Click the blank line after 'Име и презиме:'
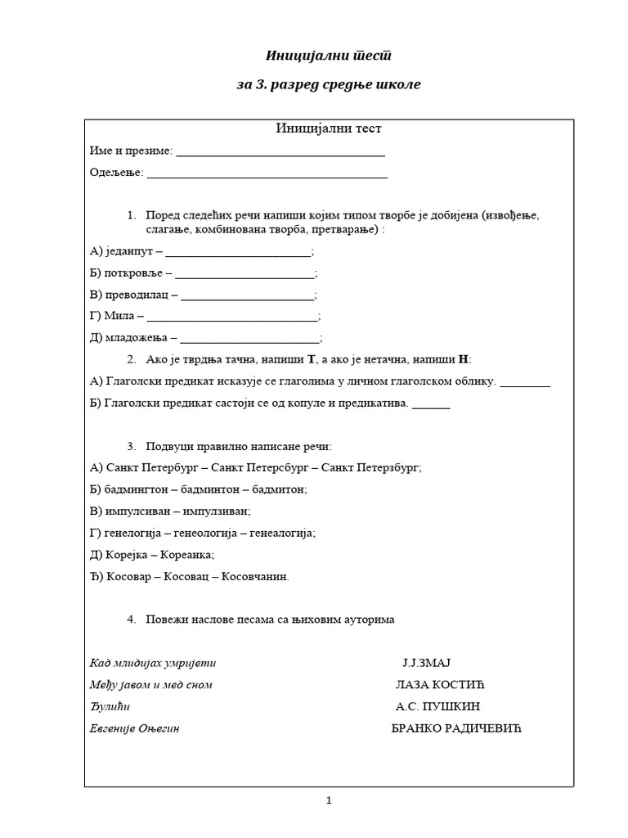pos(280,152)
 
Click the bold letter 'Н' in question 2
pos(464,359)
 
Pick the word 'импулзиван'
pos(216,511)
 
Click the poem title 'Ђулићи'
pos(110,707)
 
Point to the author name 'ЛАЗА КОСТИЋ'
pos(434,685)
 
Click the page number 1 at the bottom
pos(329,802)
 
